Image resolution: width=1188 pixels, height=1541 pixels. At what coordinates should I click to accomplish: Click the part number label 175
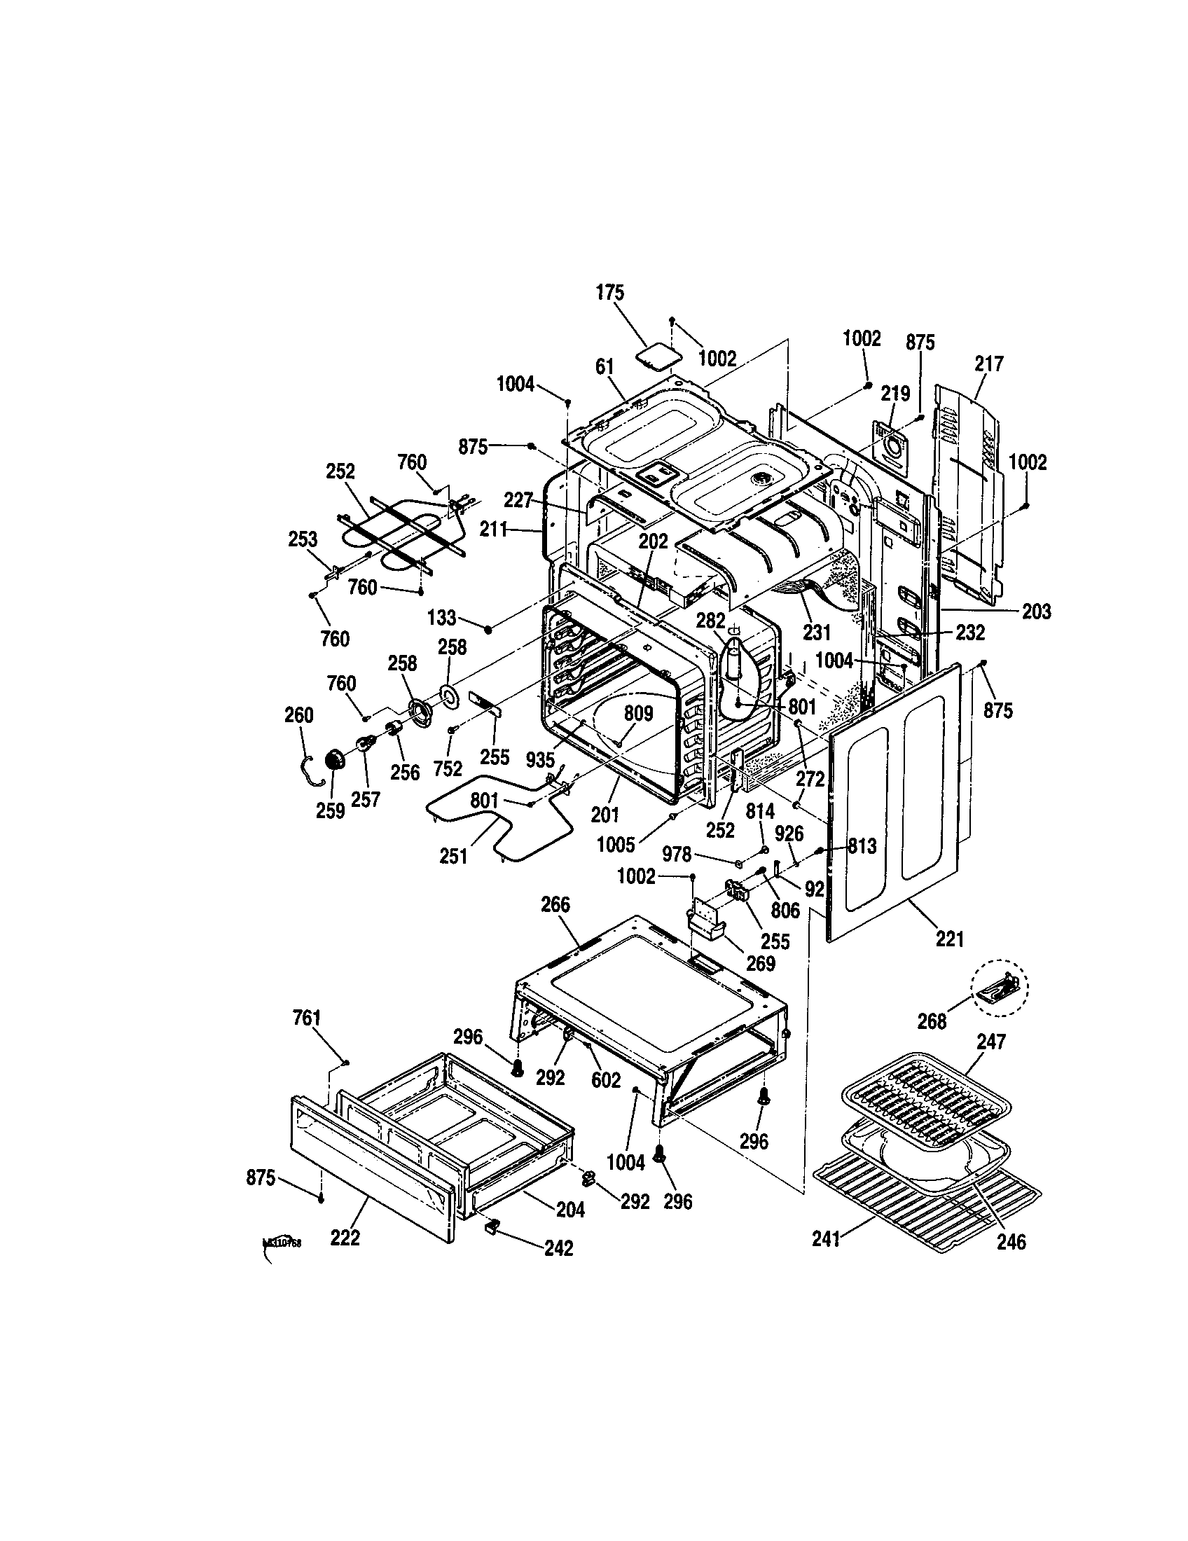610,293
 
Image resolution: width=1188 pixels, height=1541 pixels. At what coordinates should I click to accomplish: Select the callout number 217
989,364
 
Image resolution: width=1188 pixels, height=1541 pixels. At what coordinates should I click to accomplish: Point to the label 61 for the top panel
605,367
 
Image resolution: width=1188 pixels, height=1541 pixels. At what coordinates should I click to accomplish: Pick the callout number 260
298,714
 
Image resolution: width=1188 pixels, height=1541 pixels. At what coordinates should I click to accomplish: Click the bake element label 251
453,856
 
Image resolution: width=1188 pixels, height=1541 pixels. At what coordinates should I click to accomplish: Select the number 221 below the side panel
950,939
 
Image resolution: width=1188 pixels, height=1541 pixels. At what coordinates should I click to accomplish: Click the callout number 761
307,1018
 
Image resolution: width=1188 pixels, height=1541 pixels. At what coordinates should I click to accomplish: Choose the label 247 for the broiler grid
991,1042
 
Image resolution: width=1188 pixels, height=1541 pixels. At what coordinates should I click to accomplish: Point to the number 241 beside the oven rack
826,1239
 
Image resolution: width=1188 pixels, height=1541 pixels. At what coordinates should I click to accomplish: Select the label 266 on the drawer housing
555,904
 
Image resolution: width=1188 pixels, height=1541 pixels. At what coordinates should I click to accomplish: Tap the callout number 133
441,618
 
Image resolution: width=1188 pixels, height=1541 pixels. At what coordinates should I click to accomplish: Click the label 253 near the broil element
303,539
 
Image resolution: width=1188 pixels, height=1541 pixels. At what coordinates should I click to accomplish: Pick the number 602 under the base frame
606,1079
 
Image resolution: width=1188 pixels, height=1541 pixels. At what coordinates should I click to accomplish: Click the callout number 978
677,855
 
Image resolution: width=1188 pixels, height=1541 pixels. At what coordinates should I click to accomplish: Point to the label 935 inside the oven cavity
539,759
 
